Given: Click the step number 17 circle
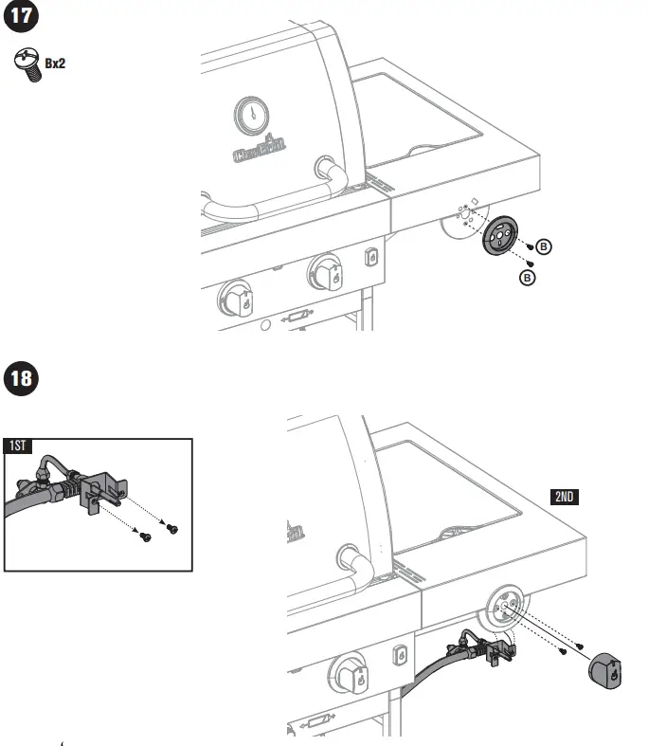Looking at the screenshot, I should pyautogui.click(x=23, y=18).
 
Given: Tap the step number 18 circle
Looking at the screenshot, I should pyautogui.click(x=23, y=380).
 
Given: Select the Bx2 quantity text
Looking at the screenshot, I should pyautogui.click(x=55, y=64).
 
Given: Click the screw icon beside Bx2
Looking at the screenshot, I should pyautogui.click(x=26, y=64).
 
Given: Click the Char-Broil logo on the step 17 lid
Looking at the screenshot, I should pyautogui.click(x=261, y=149).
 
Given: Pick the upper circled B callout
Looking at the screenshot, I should pyautogui.click(x=544, y=246).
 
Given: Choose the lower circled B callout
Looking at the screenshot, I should pyautogui.click(x=529, y=277).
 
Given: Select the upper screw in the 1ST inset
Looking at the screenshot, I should pyautogui.click(x=171, y=527).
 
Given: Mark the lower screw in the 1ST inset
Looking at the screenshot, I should pyautogui.click(x=146, y=537).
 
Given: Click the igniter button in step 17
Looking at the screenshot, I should pyautogui.click(x=371, y=257).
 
